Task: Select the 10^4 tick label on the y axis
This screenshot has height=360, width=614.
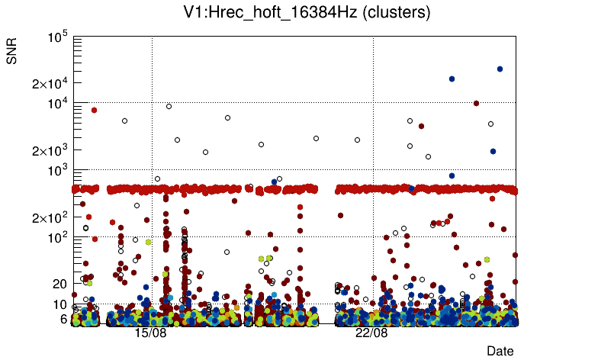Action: (x=57, y=103)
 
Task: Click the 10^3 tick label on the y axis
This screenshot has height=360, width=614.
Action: (x=57, y=170)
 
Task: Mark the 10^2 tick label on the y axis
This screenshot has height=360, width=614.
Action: (x=57, y=237)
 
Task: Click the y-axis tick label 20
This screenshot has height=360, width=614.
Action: (x=60, y=284)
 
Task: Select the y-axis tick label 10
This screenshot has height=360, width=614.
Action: (x=60, y=304)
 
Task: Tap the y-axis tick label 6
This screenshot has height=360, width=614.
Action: (x=64, y=319)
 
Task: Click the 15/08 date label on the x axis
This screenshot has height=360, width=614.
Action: (x=150, y=333)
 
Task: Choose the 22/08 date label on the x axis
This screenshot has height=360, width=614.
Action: (x=371, y=333)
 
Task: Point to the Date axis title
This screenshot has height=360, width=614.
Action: (x=500, y=351)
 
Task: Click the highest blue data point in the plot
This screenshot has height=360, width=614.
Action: (x=500, y=69)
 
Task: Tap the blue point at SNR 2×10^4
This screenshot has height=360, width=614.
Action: (x=452, y=79)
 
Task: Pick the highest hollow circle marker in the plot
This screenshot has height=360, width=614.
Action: (x=169, y=106)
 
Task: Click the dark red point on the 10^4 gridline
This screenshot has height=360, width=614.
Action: (x=477, y=103)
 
